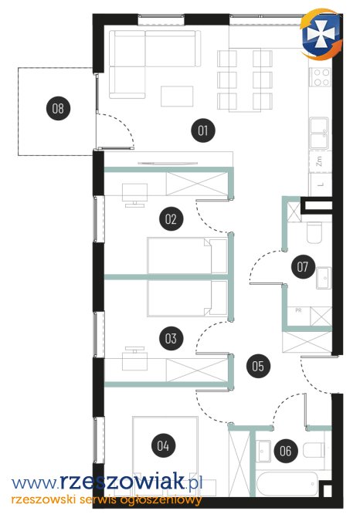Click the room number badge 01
(x=203, y=130)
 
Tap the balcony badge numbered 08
(x=59, y=108)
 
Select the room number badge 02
(x=171, y=219)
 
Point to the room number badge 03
(x=171, y=338)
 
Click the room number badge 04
(x=163, y=445)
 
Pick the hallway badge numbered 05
(x=258, y=366)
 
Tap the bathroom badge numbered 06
(x=286, y=451)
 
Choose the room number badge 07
(x=303, y=266)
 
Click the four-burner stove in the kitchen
(x=321, y=76)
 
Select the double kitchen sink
(x=320, y=134)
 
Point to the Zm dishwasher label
(x=320, y=161)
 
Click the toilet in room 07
(x=314, y=232)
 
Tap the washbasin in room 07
(x=324, y=278)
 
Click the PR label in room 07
(x=298, y=310)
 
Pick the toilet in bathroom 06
(x=314, y=450)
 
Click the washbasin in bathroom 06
(x=264, y=451)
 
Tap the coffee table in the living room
(x=177, y=96)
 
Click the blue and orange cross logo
(x=321, y=35)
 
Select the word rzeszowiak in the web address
(x=122, y=482)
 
